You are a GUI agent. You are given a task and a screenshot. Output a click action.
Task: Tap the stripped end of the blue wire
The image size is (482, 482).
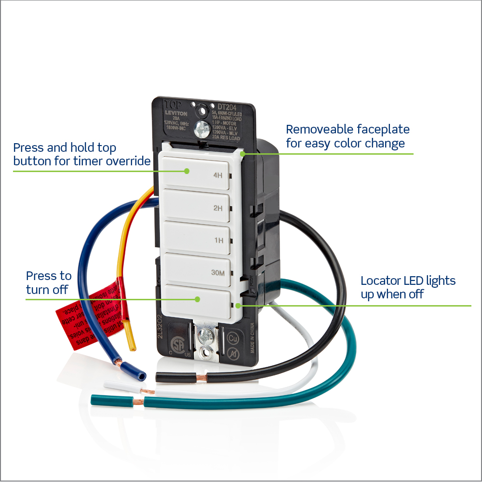coord(140,375)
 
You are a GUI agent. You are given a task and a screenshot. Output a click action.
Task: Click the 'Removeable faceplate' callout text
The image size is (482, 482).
coord(347,136)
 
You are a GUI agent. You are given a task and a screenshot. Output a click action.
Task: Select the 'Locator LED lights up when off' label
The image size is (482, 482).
coord(408,287)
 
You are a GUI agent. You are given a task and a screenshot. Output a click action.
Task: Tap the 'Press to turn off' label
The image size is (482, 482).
coord(48,282)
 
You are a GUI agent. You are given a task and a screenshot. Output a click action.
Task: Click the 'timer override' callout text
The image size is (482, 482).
coord(82,154)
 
